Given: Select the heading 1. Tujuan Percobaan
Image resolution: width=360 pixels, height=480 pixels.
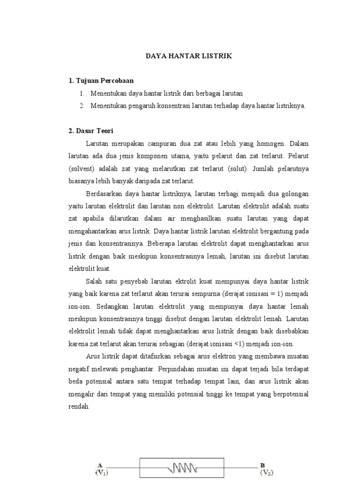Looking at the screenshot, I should (x=101, y=81).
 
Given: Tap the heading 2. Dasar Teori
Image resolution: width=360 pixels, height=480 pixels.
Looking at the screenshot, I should (x=91, y=131).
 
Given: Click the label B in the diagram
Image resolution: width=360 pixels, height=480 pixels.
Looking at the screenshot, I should (x=262, y=465).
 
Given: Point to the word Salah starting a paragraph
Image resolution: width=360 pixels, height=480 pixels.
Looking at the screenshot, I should (x=94, y=281).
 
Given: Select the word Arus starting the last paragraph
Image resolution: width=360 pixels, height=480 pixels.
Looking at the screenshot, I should (x=94, y=356).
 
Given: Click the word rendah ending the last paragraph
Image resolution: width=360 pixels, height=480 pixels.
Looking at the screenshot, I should (x=78, y=406).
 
